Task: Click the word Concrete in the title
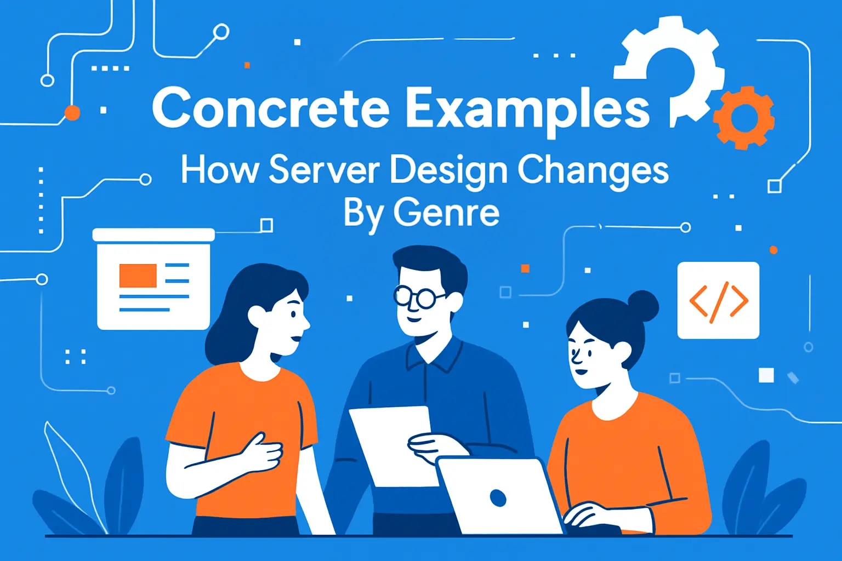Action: click(x=270, y=107)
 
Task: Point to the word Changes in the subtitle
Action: click(x=593, y=170)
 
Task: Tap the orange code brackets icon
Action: click(x=718, y=301)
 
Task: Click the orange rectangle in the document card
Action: click(x=138, y=275)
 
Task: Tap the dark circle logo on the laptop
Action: click(x=498, y=498)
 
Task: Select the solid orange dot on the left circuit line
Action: click(x=72, y=113)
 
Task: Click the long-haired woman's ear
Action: click(x=257, y=316)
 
